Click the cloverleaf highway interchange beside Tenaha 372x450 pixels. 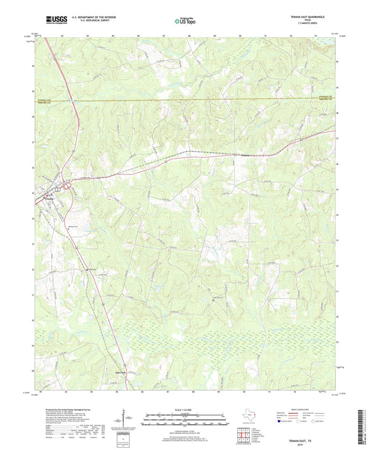[68, 185]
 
